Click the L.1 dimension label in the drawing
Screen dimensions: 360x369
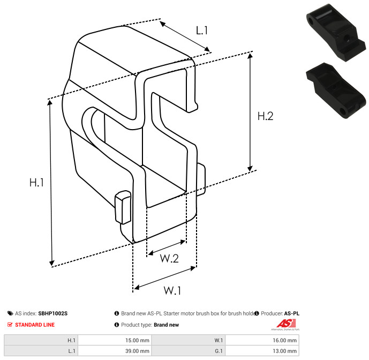pos(201,31)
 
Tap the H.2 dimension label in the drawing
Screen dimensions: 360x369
pos(265,116)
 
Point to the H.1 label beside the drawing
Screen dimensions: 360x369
pos(36,182)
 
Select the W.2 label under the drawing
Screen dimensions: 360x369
pos(169,259)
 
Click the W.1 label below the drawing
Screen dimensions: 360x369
pos(172,290)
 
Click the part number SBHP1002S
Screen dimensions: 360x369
pos(52,313)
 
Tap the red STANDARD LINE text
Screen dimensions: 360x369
pos(35,325)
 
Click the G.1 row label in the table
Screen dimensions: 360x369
pos(219,351)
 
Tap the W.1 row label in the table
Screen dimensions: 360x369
pos(219,340)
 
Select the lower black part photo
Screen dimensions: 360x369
pos(337,89)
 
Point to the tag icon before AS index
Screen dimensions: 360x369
pos(10,313)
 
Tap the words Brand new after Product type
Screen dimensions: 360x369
pos(166,325)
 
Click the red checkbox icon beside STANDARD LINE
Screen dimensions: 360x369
pos(10,325)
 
